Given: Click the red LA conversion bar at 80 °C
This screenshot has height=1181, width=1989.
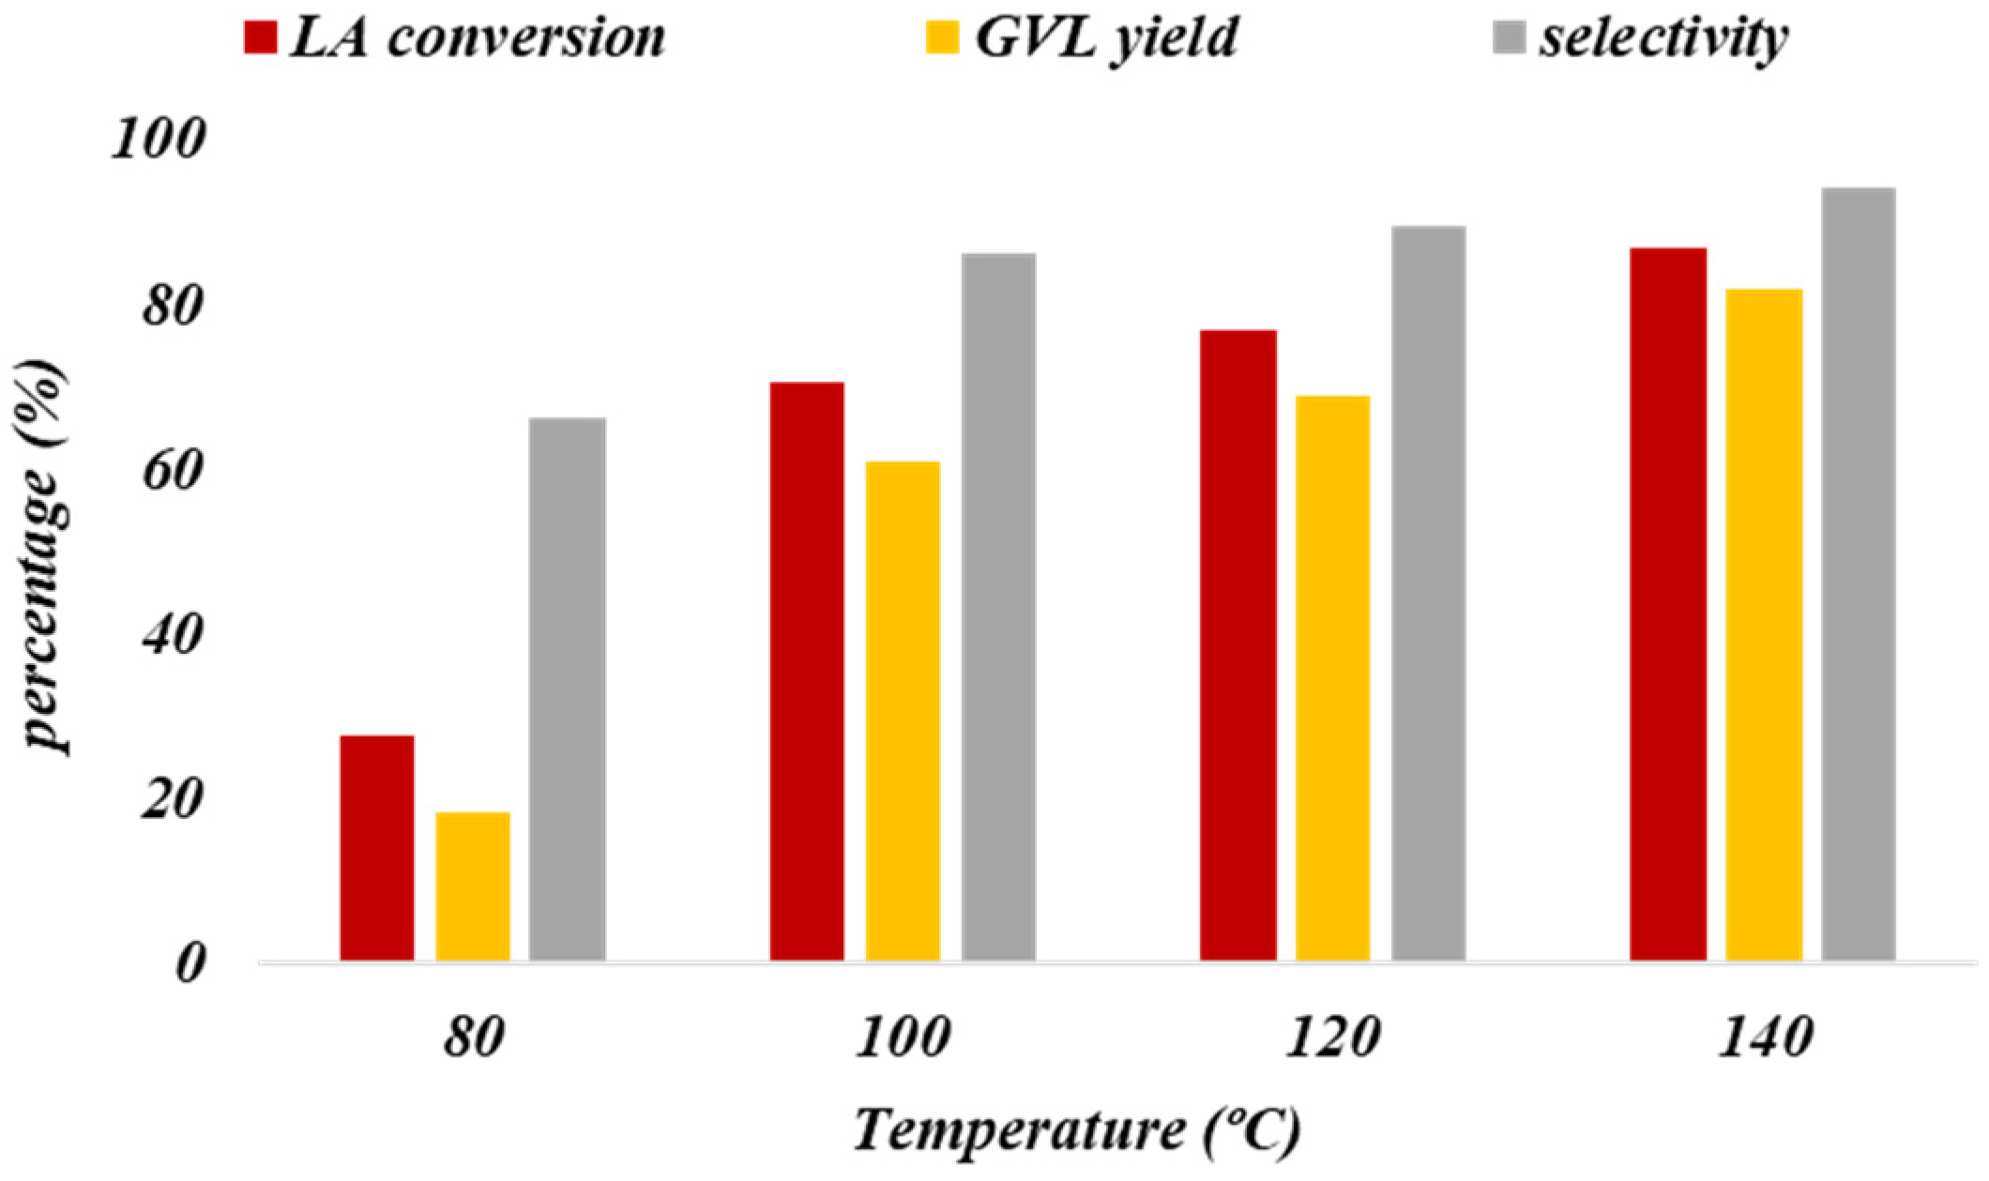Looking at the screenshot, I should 376,848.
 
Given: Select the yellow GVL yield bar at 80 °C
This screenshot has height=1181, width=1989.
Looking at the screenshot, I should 473,886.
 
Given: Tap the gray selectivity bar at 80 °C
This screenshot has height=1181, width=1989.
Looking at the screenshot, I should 567,689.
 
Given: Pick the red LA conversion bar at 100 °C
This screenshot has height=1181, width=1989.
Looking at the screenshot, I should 807,672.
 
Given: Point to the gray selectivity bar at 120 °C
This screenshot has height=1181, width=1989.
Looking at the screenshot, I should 1428,593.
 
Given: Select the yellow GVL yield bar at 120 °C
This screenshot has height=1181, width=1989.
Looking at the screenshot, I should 1332,678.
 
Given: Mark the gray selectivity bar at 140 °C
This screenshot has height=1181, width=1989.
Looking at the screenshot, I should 1859,574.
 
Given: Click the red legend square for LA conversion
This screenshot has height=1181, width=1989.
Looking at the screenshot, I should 260,38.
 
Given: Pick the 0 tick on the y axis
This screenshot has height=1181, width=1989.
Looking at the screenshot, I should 189,964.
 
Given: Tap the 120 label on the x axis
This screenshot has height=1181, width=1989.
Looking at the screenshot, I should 1332,1039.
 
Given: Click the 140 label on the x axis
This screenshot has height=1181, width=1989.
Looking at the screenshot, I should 1763,1039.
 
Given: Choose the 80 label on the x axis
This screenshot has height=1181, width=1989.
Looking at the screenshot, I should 473,1039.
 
